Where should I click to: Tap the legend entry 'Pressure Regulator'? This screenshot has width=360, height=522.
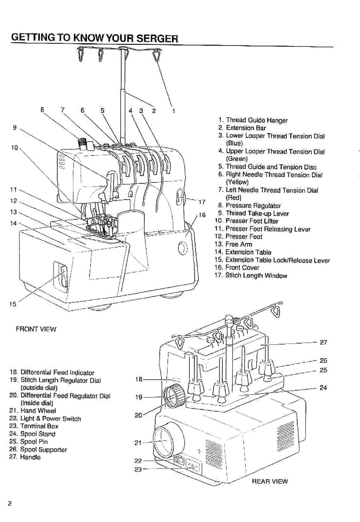(253, 205)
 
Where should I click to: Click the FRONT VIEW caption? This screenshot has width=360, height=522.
(36, 329)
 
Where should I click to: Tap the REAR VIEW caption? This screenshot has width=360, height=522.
(269, 481)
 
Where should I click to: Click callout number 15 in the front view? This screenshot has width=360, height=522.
(12, 304)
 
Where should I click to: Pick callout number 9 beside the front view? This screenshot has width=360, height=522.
(15, 128)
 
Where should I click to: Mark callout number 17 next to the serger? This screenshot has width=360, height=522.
(202, 202)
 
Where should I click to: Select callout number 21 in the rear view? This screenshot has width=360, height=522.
(138, 443)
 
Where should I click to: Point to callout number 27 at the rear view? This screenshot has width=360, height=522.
(323, 343)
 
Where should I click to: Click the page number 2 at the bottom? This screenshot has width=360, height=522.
(10, 503)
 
